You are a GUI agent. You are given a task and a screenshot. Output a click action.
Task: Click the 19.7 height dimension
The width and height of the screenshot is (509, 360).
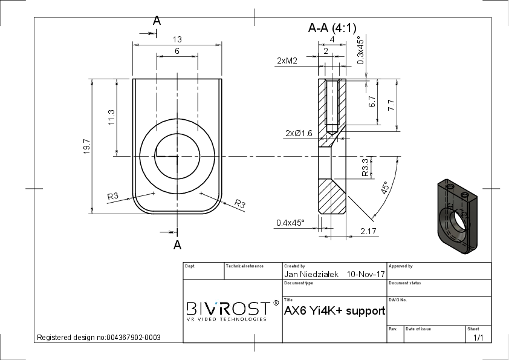click(86, 146)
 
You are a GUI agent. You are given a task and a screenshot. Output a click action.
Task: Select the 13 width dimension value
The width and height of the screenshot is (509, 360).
click(177, 39)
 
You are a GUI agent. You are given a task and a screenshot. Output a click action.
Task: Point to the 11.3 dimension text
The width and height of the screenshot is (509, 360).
click(111, 117)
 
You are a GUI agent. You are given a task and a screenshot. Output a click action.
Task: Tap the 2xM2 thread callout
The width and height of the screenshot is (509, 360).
click(287, 61)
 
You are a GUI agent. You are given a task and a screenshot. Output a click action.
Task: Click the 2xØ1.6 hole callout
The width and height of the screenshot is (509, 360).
click(299, 133)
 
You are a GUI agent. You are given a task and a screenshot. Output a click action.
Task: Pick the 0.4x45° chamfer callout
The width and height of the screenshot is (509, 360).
click(291, 223)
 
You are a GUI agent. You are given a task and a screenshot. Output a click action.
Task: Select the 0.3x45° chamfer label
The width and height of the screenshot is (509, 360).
click(360, 50)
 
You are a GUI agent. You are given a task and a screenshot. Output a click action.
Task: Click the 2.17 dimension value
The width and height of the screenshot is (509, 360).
click(368, 231)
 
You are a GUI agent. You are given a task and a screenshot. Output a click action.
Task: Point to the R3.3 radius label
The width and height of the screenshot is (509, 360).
click(365, 167)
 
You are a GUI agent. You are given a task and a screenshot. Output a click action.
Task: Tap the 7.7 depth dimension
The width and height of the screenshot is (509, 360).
click(392, 105)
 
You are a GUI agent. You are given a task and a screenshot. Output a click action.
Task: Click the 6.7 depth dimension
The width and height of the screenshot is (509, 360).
click(372, 102)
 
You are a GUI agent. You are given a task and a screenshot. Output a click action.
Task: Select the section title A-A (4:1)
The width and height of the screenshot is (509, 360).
click(332, 28)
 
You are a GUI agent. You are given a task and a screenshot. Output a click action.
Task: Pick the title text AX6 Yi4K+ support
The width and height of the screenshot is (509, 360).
click(335, 311)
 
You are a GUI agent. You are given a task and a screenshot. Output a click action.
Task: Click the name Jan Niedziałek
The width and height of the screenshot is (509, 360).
click(311, 274)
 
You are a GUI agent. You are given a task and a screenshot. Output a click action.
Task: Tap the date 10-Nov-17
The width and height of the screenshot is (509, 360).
click(366, 274)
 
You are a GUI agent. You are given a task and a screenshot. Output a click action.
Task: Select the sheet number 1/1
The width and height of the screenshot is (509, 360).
click(478, 338)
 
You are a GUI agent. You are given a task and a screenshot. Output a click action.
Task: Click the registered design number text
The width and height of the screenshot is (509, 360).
click(99, 338)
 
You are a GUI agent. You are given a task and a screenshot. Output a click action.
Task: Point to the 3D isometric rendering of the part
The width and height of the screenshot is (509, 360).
click(458, 217)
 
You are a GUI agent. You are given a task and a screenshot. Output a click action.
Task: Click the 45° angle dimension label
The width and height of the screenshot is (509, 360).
click(384, 188)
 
